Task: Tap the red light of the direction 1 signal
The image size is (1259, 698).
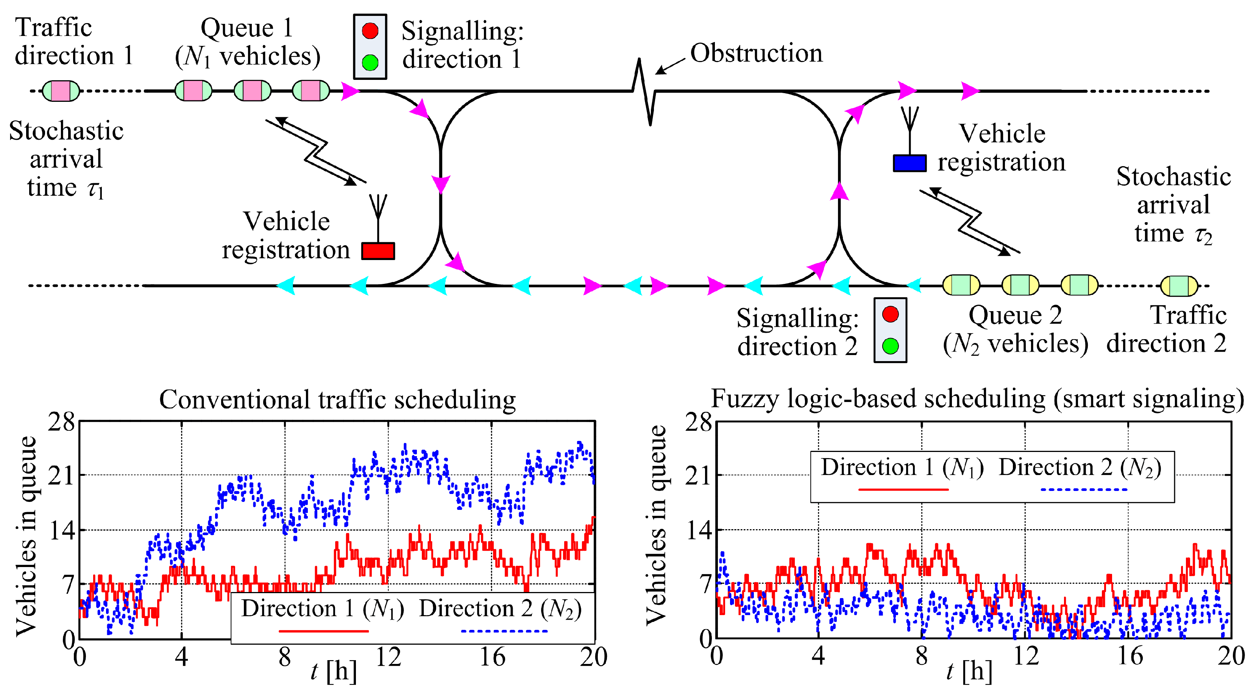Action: (x=370, y=31)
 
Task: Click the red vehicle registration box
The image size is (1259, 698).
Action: (x=378, y=251)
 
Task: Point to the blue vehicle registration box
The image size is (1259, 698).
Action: (x=909, y=163)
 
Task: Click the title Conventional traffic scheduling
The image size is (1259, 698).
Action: (x=337, y=400)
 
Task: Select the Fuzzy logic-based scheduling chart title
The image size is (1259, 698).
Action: (x=977, y=399)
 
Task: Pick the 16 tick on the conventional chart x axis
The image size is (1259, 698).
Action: (x=492, y=657)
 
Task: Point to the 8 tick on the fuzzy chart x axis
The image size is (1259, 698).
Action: (x=921, y=656)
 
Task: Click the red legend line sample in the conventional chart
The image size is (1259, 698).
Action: (x=323, y=631)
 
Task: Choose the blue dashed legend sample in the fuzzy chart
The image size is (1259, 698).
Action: (x=1084, y=489)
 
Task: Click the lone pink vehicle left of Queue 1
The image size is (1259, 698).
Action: (x=61, y=91)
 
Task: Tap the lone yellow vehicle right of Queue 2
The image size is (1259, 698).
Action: (x=1178, y=286)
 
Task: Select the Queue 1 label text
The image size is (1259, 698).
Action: (x=247, y=28)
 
